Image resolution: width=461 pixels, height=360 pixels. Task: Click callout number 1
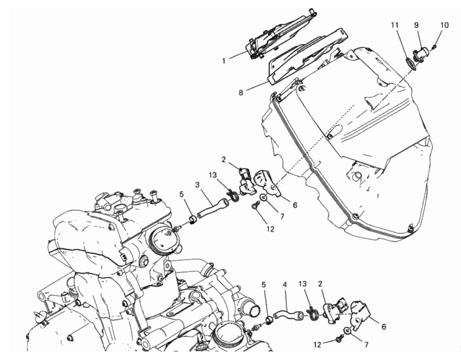224,61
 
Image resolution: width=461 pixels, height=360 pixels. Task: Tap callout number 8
241,93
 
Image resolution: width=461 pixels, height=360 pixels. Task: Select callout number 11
395,25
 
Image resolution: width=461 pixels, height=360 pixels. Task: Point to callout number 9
416,25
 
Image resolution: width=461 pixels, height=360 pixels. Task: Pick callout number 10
445,25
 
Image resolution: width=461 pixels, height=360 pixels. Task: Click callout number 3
197,185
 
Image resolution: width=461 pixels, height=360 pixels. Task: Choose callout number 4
285,285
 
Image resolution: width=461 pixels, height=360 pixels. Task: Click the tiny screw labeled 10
435,46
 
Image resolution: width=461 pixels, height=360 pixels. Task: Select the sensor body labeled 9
423,54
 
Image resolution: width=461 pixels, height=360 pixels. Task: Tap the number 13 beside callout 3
213,175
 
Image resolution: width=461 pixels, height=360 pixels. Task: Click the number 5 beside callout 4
264,285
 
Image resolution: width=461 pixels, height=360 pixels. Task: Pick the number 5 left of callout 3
181,195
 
